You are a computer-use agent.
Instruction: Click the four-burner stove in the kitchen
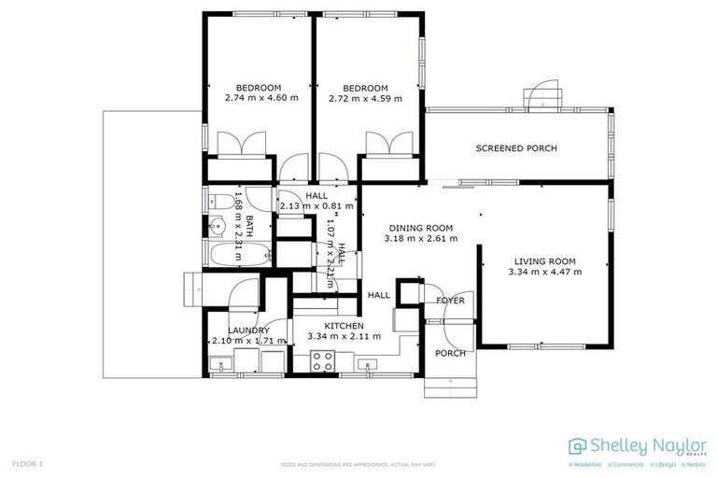(x=324, y=360)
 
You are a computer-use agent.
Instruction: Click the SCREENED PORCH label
(x=516, y=148)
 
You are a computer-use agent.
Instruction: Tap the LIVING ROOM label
(x=544, y=260)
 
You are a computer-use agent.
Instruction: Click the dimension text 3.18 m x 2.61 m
(x=420, y=238)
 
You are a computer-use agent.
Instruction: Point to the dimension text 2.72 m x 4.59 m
(x=365, y=97)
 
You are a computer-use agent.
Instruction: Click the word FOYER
(x=450, y=300)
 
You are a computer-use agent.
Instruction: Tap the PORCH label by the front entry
(x=451, y=353)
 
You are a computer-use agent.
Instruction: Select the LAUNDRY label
(x=249, y=330)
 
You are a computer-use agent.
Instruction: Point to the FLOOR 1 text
(x=28, y=463)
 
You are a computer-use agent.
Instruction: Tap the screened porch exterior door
(x=541, y=97)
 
